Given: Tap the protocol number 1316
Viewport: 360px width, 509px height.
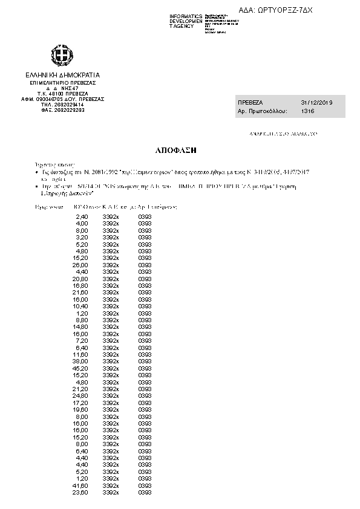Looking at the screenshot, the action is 308,112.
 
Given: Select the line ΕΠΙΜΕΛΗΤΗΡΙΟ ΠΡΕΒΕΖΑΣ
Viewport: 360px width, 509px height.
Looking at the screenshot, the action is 63,83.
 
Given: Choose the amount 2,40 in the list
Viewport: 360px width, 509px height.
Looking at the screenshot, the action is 82,216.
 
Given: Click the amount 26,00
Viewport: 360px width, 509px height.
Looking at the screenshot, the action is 80,265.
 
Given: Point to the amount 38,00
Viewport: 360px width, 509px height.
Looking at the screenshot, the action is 80,361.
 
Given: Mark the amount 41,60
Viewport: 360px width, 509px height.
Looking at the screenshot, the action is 80,486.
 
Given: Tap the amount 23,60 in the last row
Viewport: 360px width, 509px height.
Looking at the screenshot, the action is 80,493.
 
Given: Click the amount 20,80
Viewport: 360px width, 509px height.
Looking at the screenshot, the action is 80,279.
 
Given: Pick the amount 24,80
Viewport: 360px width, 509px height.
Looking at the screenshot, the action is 80,396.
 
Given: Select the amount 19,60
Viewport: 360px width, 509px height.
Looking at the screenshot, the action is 80,410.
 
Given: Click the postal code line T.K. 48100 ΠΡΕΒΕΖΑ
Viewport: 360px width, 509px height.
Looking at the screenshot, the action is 63,94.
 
